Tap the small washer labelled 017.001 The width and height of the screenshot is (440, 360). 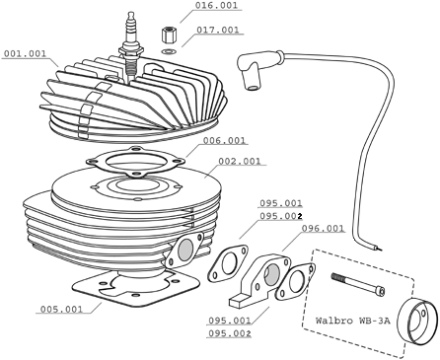tap(170, 51)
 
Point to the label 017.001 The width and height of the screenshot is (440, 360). tap(218, 30)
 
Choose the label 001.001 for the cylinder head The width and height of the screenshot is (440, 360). tap(25, 53)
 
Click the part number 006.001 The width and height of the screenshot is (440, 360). tap(224, 141)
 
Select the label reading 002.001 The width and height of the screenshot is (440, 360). tap(240, 161)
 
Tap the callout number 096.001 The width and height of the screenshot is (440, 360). tap(323, 228)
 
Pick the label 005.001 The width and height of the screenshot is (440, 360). tap(61, 309)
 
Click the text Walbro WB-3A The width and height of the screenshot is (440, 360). tap(353, 321)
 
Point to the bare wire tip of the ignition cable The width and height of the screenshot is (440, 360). tap(379, 248)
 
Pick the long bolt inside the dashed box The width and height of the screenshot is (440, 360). tap(358, 283)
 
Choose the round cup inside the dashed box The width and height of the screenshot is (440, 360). tap(417, 323)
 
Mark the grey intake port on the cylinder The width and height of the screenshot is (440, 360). tap(184, 250)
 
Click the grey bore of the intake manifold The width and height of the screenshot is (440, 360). tap(271, 275)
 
